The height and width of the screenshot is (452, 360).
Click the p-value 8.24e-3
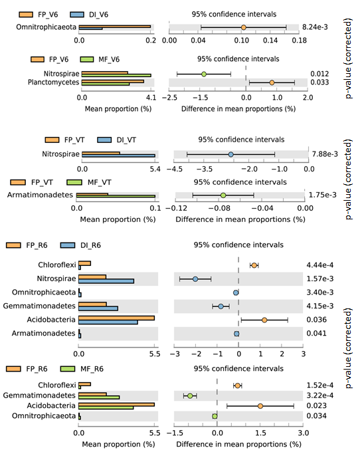point(315,27)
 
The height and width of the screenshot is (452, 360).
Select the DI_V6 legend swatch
point(77,15)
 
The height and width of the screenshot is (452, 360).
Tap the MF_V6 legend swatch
point(87,59)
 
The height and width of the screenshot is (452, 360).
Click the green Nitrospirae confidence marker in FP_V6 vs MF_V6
point(204,74)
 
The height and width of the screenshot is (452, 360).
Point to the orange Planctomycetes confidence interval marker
point(272,82)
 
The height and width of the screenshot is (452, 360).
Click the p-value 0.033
point(319,82)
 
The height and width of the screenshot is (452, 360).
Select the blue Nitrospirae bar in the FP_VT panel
point(118,156)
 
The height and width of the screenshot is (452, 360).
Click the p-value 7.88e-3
point(325,154)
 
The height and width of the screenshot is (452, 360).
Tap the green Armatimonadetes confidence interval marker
point(223,195)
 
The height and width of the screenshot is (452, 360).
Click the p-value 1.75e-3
point(323,195)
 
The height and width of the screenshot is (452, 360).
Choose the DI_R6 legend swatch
point(68,245)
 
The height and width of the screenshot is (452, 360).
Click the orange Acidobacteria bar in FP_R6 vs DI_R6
point(116,318)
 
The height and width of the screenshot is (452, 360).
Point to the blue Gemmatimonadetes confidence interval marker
point(221,306)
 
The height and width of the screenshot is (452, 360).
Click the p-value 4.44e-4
point(319,265)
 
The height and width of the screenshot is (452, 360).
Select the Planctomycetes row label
point(53,82)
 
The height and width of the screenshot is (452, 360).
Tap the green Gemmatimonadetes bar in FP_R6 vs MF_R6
point(99,397)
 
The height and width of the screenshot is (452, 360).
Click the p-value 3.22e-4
point(319,395)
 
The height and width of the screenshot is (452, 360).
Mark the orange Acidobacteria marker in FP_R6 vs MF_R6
point(260,406)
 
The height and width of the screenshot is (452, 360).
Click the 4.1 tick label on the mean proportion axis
point(151,98)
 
